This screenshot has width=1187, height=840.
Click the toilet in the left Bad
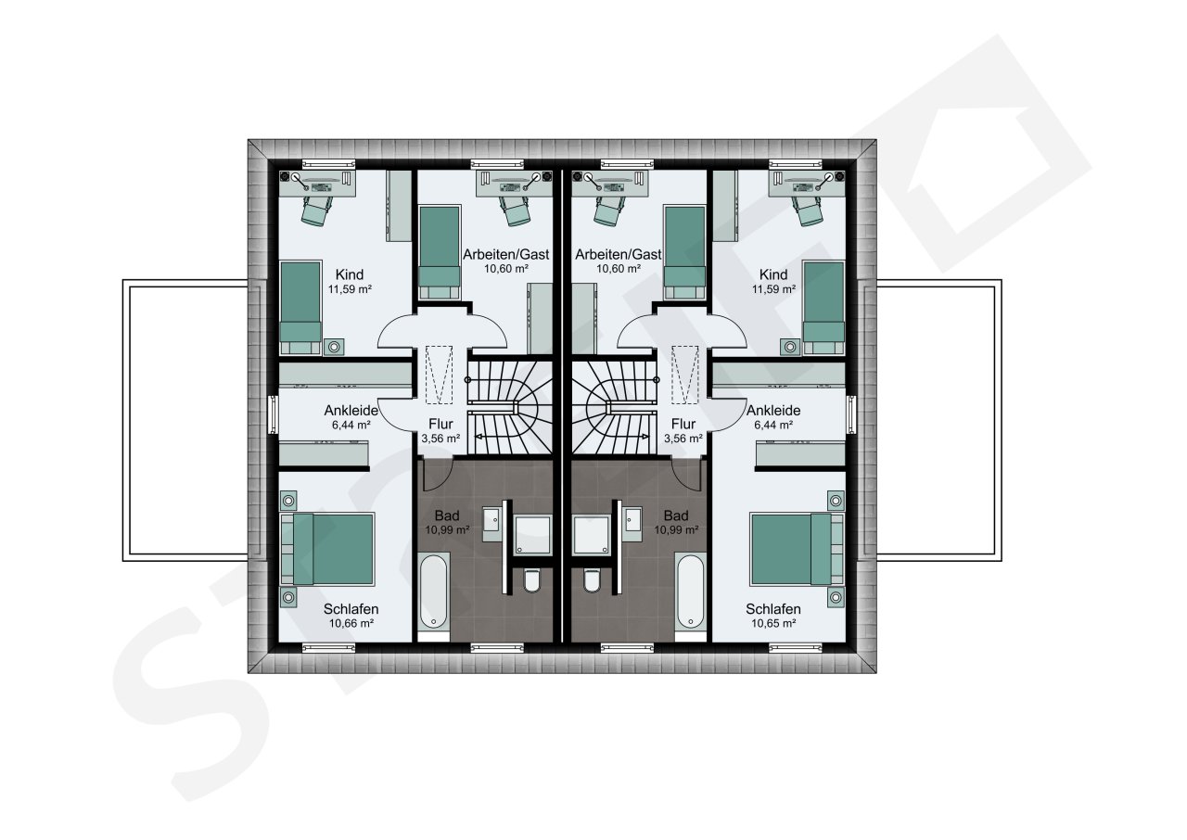pyautogui.click(x=531, y=580)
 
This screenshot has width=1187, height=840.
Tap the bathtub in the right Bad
pyautogui.click(x=691, y=592)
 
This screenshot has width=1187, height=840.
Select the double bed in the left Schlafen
pyautogui.click(x=328, y=549)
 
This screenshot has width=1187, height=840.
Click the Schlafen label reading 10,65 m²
pyautogui.click(x=773, y=616)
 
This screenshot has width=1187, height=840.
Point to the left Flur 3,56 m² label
pyautogui.click(x=440, y=430)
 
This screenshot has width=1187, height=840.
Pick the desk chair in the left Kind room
pyautogui.click(x=317, y=210)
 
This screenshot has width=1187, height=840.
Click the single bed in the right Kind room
pyautogui.click(x=823, y=308)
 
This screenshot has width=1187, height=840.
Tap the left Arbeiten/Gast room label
pyautogui.click(x=506, y=261)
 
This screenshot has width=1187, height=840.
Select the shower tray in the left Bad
pyautogui.click(x=533, y=534)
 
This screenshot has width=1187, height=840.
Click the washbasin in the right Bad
pyautogui.click(x=633, y=519)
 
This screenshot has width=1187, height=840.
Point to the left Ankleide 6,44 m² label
pyautogui.click(x=351, y=417)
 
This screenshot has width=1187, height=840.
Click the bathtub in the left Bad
pyautogui.click(x=434, y=592)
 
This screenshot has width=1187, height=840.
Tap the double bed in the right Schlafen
pyautogui.click(x=797, y=549)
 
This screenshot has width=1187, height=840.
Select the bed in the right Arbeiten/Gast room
pyautogui.click(x=684, y=253)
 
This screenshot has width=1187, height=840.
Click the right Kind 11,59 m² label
pyautogui.click(x=773, y=282)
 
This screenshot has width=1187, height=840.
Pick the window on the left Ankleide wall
pyautogui.click(x=273, y=414)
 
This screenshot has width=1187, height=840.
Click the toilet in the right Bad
pyautogui.click(x=593, y=580)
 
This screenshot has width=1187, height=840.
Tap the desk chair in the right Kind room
pyautogui.click(x=808, y=210)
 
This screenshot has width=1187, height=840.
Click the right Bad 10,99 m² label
pyautogui.click(x=676, y=522)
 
